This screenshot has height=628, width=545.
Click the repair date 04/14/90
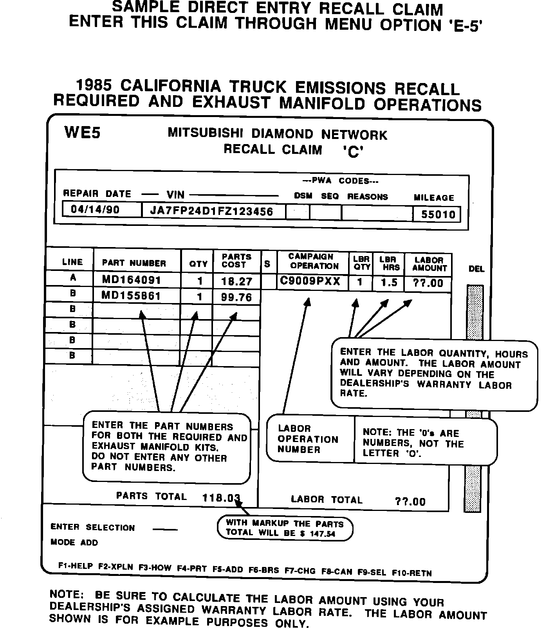[95, 209]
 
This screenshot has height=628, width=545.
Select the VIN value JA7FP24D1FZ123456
[211, 211]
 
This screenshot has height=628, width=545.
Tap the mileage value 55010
[438, 215]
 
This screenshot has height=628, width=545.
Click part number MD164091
[131, 280]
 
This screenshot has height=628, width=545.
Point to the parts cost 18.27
[237, 282]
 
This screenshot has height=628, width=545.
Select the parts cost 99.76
[236, 297]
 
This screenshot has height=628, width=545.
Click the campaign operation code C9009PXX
[310, 282]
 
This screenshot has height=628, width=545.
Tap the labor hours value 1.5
[389, 283]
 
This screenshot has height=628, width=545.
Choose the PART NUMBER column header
[134, 263]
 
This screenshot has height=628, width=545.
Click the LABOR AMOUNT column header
[429, 264]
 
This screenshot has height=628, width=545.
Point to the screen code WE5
[82, 133]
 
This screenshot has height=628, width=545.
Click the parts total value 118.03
[221, 498]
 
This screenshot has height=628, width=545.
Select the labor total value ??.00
[410, 502]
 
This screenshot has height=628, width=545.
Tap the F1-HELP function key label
[76, 566]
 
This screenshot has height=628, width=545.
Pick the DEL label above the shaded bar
[476, 269]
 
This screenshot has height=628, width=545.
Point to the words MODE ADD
[74, 543]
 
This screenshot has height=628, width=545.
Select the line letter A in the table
[73, 278]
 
